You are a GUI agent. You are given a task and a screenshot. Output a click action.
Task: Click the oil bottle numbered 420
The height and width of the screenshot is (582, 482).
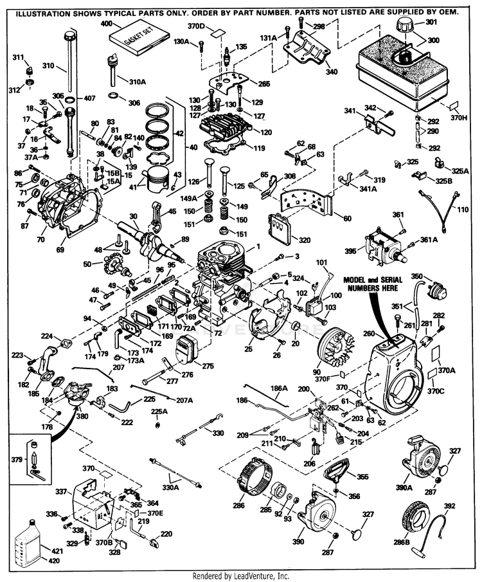[31, 541]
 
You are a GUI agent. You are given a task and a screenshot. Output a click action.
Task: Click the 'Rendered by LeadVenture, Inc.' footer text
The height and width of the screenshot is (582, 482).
[241, 576]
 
